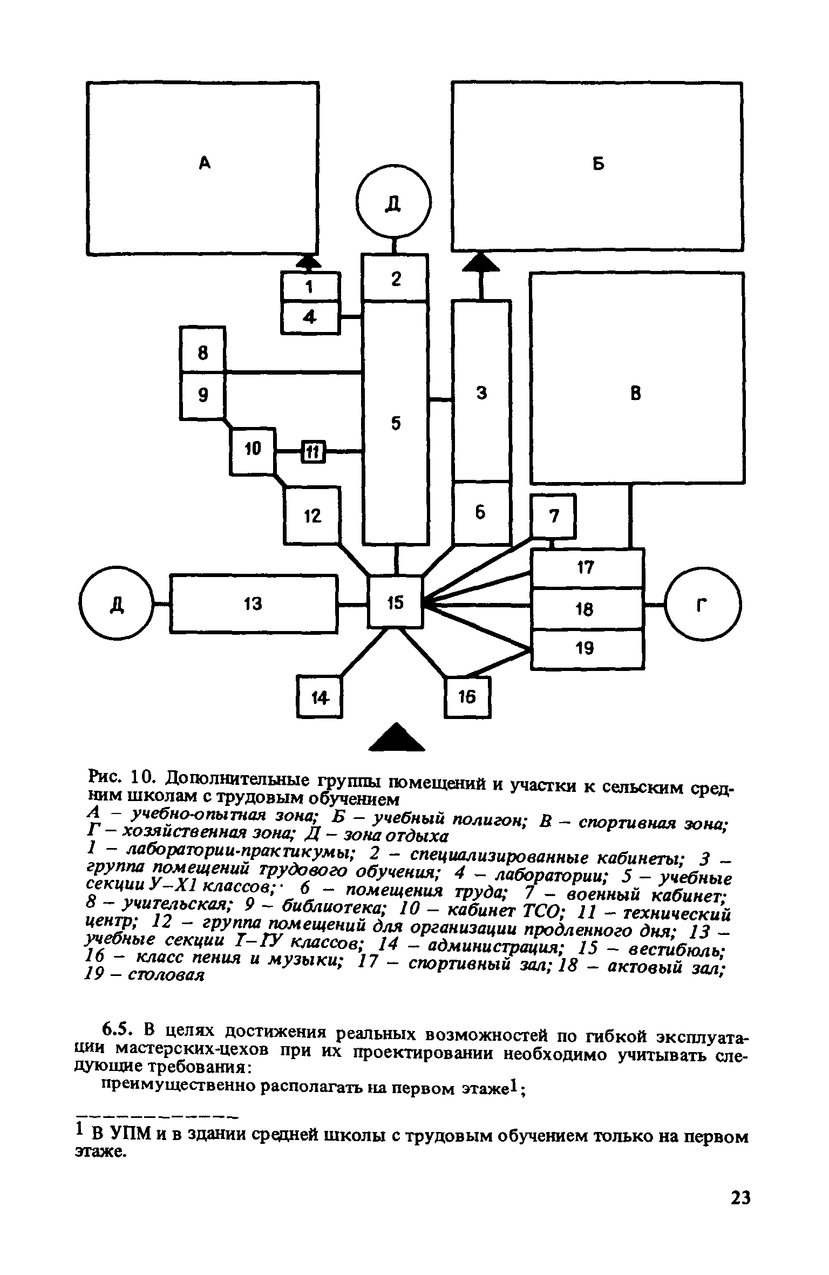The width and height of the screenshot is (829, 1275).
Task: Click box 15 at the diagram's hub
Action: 396,602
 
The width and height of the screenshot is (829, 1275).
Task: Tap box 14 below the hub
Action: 320,698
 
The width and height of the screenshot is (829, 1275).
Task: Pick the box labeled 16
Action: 467,697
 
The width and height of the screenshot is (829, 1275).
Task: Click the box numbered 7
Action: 554,517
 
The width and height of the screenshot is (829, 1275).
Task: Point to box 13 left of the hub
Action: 254,603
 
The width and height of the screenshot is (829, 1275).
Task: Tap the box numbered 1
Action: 310,287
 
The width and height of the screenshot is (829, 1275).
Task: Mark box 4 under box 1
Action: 310,317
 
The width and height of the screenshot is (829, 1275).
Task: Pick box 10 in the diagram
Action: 253,448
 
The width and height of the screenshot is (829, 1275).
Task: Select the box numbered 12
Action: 312,516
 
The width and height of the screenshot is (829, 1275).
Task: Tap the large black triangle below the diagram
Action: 397,737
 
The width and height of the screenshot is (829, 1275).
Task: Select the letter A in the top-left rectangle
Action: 203,162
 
